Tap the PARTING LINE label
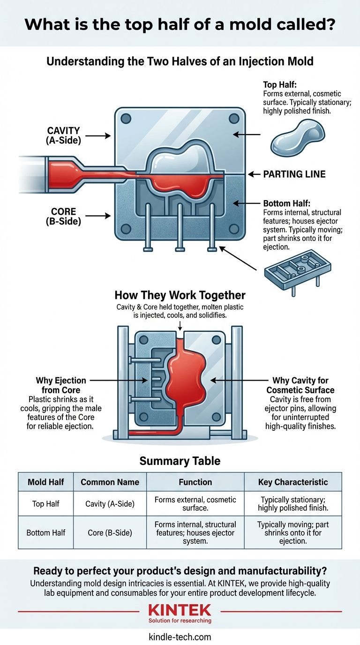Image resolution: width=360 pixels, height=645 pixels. [294, 174]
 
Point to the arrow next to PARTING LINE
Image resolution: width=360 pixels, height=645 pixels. [254, 174]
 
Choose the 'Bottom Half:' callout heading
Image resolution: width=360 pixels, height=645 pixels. [284, 204]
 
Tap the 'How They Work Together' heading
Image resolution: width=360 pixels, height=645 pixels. [180, 296]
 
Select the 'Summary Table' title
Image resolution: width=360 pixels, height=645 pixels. [180, 461]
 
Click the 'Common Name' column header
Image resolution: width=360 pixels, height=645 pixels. [110, 482]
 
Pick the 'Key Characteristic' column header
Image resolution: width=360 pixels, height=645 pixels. [292, 482]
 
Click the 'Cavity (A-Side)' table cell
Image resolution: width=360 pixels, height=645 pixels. [110, 504]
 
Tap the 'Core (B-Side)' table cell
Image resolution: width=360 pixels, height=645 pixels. [110, 533]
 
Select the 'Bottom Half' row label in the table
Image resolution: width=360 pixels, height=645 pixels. [46, 533]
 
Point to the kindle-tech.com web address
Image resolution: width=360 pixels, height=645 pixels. [180, 637]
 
